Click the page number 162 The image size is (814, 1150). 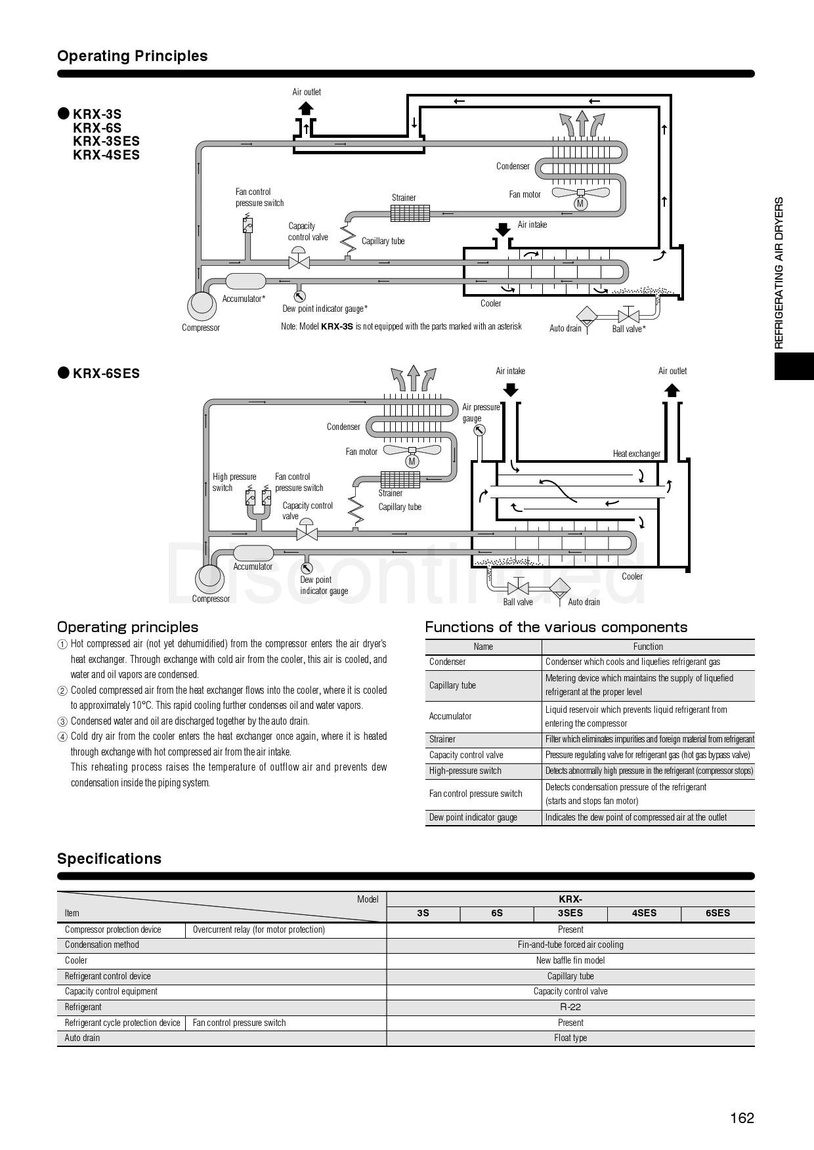click(x=742, y=1118)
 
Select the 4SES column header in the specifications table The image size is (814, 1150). click(x=644, y=913)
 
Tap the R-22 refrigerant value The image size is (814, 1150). click(x=570, y=1007)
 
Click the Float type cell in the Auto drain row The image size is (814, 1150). click(x=570, y=1038)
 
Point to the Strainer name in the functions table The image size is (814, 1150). click(x=442, y=739)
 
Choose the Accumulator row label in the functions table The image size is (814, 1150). click(x=450, y=716)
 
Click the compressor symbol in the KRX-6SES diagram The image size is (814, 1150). click(x=210, y=578)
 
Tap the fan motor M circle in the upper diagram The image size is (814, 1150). click(x=580, y=203)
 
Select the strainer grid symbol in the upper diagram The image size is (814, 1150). click(x=410, y=213)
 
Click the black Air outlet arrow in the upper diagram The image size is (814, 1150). click(x=306, y=108)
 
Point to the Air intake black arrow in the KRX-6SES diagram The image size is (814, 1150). click(x=510, y=389)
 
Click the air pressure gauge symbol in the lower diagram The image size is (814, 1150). click(x=479, y=431)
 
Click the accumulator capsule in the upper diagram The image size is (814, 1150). click(x=246, y=282)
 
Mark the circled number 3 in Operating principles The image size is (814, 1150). click(x=62, y=721)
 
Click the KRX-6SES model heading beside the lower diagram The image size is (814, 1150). click(x=106, y=373)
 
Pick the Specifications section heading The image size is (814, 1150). click(x=109, y=859)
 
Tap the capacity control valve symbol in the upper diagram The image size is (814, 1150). click(x=299, y=261)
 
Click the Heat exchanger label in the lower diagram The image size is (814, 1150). click(x=636, y=454)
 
